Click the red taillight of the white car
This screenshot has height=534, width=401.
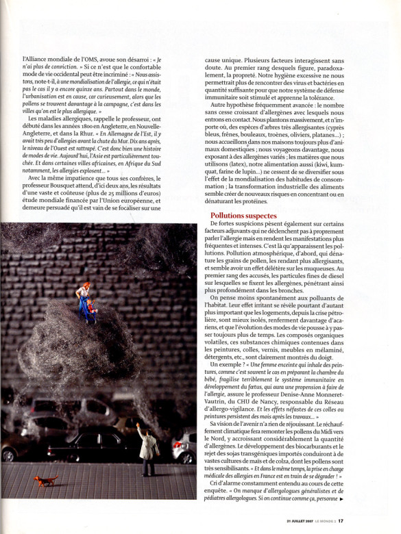[x=177, y=453]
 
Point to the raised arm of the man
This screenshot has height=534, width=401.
[x=141, y=429]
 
